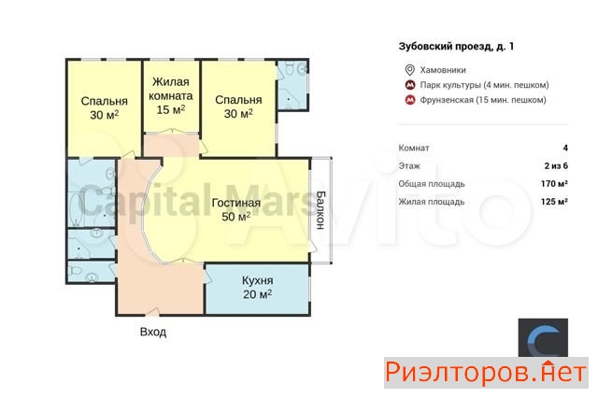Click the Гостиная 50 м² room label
click(236, 209)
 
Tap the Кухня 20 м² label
click(258, 287)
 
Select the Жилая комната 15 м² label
click(171, 95)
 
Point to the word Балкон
click(320, 210)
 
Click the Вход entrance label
click(153, 332)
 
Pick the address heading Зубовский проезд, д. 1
click(456, 47)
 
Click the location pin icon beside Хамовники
click(409, 70)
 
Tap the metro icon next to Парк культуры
click(410, 85)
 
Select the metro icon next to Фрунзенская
click(410, 100)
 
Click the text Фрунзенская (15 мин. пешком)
click(483, 100)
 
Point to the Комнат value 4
click(565, 148)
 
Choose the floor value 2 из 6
click(556, 166)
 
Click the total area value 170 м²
click(554, 184)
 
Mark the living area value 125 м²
click(554, 201)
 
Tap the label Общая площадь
click(432, 184)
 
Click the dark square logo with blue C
click(543, 337)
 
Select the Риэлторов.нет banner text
click(486, 372)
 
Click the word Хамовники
click(443, 70)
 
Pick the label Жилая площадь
click(432, 202)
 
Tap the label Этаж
click(409, 166)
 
